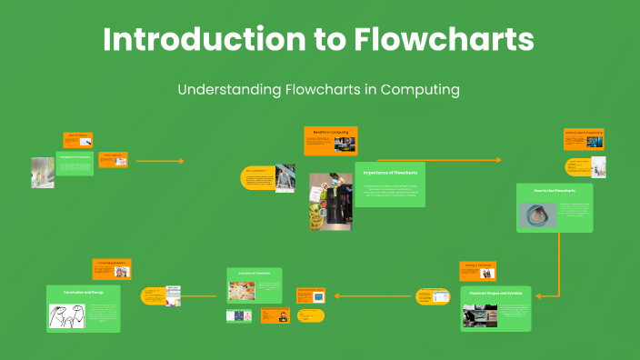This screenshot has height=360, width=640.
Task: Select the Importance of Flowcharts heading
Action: click(x=390, y=171)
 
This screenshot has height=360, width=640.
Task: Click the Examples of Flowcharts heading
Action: click(x=255, y=274)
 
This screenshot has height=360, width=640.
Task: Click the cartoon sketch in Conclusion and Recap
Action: click(x=66, y=315)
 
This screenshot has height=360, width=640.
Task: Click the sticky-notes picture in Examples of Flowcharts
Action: click(x=242, y=292)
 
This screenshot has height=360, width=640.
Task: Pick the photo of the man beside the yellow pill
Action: click(x=285, y=177)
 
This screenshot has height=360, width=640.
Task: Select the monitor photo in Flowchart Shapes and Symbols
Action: click(x=479, y=315)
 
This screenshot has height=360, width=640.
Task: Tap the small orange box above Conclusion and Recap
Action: click(x=112, y=268)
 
